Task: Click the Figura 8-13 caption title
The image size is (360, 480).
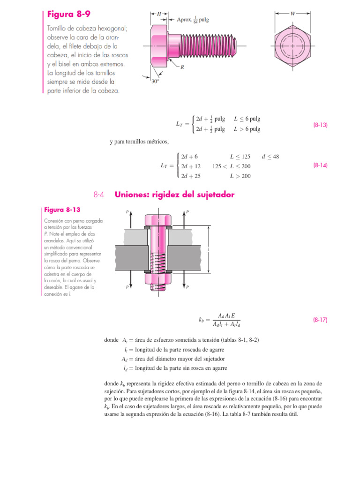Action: pyautogui.click(x=61, y=209)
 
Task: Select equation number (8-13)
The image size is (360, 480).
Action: pyautogui.click(x=320, y=125)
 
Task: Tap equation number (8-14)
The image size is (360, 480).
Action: pyautogui.click(x=320, y=165)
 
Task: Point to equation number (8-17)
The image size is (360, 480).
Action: pyautogui.click(x=320, y=320)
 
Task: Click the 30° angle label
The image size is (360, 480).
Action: pyautogui.click(x=155, y=81)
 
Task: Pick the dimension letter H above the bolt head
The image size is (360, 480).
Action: pyautogui.click(x=159, y=14)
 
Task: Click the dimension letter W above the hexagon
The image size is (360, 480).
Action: pyautogui.click(x=293, y=14)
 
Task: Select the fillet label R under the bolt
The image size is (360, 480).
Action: pyautogui.click(x=182, y=67)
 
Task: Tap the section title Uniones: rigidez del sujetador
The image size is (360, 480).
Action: pyautogui.click(x=174, y=195)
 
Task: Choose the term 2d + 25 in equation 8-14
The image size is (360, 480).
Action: pyautogui.click(x=191, y=176)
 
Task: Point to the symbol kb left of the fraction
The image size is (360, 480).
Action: pyautogui.click(x=202, y=320)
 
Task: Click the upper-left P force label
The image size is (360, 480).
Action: pyautogui.click(x=127, y=212)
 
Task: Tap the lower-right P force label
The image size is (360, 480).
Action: pyautogui.click(x=187, y=287)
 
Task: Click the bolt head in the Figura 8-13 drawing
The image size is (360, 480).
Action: pyautogui.click(x=154, y=219)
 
